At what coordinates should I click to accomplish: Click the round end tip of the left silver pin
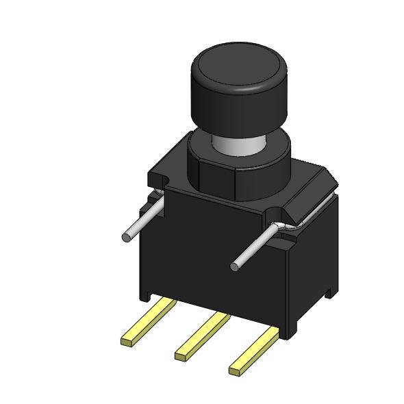[126, 237]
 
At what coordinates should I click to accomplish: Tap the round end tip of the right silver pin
[235, 265]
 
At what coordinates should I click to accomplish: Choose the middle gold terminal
[203, 333]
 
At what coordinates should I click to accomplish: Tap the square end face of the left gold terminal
[127, 340]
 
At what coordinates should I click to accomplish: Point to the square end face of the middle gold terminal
[181, 355]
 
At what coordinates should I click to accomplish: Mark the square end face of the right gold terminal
[235, 370]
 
